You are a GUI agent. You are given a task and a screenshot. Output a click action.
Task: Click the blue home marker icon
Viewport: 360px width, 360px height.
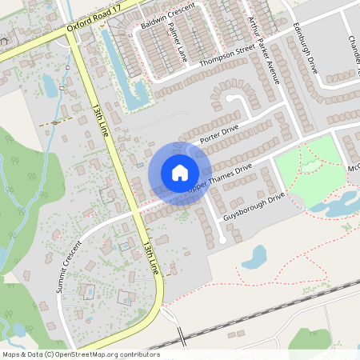179,173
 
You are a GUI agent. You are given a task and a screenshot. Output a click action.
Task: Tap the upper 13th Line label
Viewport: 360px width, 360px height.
100,119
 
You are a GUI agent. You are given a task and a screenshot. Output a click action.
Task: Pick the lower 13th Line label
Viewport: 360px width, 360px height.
151,256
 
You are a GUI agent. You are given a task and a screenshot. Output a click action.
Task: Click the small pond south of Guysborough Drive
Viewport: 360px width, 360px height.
255,256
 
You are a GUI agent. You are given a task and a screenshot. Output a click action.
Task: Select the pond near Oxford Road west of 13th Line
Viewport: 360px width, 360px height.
50,85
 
